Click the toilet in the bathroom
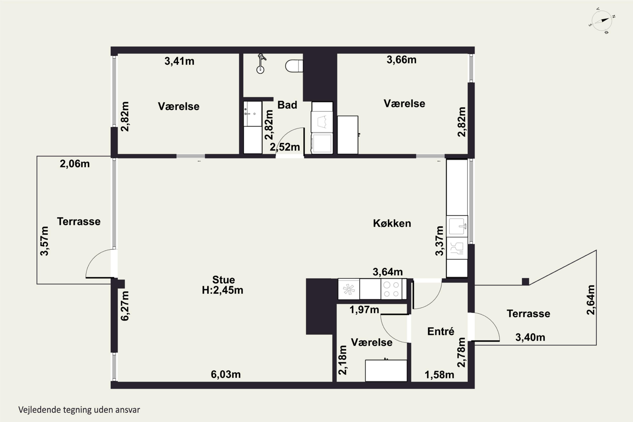(294, 66)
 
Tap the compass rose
(602, 21)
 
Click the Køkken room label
(392, 223)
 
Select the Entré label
(441, 331)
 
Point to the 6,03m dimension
(226, 374)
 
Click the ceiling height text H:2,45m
(223, 290)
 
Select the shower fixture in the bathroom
(261, 64)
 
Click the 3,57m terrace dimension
(44, 241)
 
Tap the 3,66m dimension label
(402, 60)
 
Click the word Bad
(287, 105)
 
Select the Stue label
(223, 280)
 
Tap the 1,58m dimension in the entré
(439, 375)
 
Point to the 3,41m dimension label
(180, 61)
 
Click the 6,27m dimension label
(125, 306)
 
